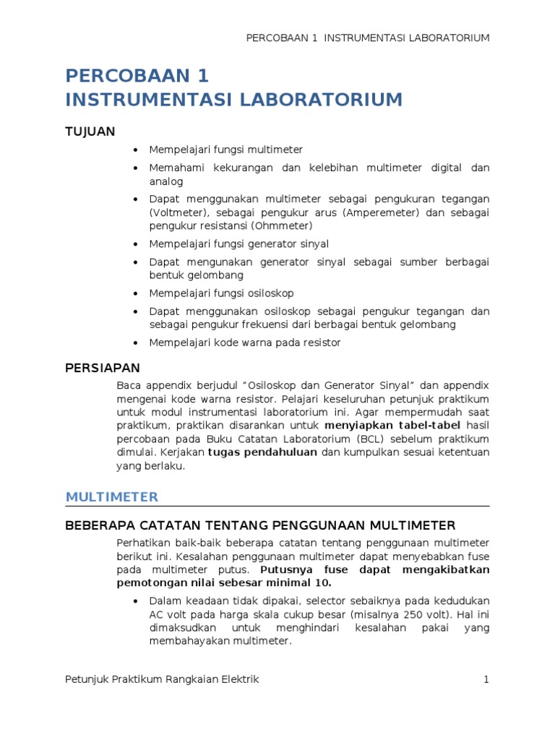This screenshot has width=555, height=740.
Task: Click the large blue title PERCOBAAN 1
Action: coord(137,77)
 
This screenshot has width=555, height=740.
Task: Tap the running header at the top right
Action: coord(369,38)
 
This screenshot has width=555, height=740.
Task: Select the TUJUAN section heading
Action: coord(90,131)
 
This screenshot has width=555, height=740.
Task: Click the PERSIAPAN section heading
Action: coord(103,369)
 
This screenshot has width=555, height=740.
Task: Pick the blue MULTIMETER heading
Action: coord(111,497)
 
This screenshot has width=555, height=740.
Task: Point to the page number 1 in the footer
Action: coord(486,679)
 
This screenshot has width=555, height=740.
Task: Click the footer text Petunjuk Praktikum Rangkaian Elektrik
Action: coord(162,679)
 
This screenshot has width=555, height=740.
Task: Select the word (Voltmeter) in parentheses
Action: coord(178,212)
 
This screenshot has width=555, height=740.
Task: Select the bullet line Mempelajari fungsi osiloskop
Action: coord(221,293)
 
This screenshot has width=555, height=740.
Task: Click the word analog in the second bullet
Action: coord(166,181)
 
